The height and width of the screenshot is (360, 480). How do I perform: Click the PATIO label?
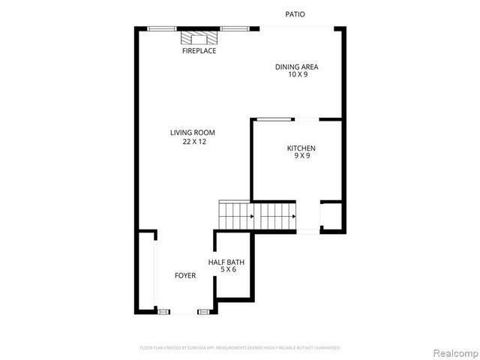(x=295, y=14)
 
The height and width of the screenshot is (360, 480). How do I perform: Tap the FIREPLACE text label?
(x=199, y=51)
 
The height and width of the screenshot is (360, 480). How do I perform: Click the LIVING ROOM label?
(x=193, y=133)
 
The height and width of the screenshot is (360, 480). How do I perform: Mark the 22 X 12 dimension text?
(x=193, y=142)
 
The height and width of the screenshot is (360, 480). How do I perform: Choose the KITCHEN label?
(x=301, y=148)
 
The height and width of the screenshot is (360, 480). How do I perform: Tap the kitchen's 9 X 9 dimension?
(x=301, y=156)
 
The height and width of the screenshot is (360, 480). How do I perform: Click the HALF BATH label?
(x=226, y=262)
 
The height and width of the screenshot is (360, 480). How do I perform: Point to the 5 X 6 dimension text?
(x=226, y=270)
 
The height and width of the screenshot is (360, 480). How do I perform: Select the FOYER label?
(x=185, y=275)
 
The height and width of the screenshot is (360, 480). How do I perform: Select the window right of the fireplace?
(x=233, y=28)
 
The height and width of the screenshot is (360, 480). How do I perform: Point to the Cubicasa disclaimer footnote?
(x=240, y=348)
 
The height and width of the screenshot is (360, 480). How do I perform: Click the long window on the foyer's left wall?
(x=155, y=270)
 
